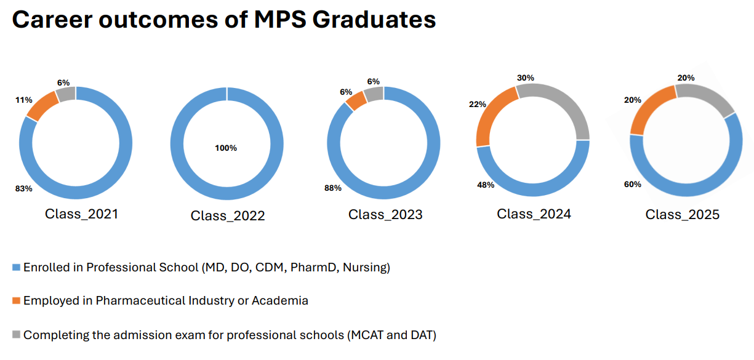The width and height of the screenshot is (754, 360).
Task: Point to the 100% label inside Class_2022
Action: point(226,148)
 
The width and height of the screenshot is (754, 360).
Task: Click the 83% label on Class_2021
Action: point(23,188)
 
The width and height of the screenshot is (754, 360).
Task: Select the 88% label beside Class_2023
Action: point(333,188)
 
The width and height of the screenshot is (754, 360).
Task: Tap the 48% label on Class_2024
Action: point(486,185)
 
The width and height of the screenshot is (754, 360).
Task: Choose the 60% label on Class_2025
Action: point(633,184)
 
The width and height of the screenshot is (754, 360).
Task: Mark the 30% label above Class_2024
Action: point(526,78)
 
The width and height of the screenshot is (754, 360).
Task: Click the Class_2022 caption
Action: point(228,216)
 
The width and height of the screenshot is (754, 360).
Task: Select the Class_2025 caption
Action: point(682,215)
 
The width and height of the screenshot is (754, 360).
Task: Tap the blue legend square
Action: point(17,268)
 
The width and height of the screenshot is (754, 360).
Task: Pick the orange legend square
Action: point(17,301)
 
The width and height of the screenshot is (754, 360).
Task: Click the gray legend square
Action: point(17,335)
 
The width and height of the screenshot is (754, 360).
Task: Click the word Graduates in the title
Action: point(374,20)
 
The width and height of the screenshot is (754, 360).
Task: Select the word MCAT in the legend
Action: point(366,335)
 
